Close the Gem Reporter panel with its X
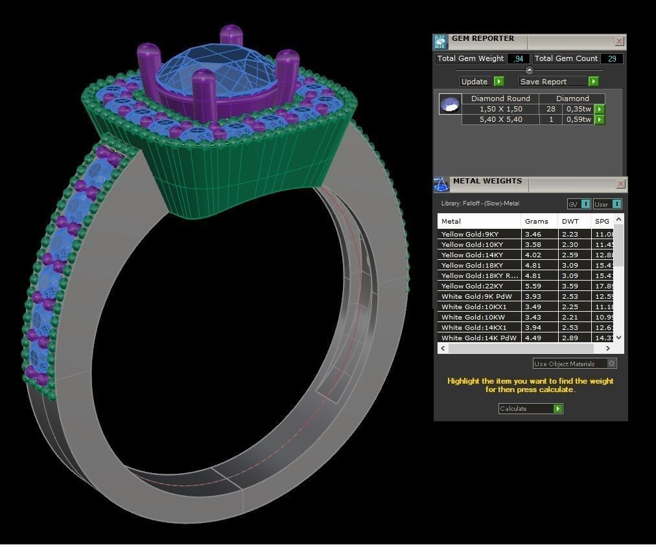(619, 41)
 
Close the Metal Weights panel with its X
(620, 184)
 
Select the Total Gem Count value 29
(612, 58)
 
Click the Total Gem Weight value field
(518, 58)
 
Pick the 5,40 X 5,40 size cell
(500, 119)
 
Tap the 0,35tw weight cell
(578, 109)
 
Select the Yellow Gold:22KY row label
(470, 286)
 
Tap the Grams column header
(536, 221)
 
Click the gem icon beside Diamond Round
(450, 104)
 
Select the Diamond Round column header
(500, 99)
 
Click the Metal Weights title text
(487, 181)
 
